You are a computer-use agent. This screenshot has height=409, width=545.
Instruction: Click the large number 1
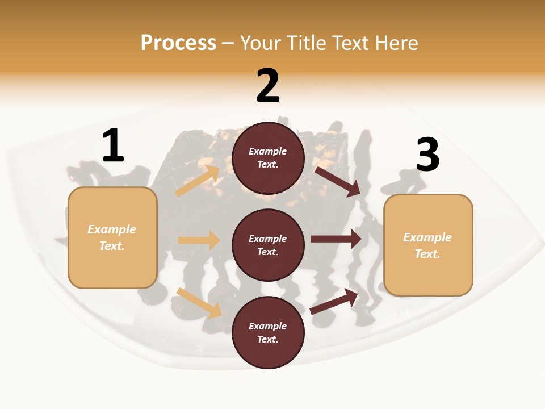[113, 146]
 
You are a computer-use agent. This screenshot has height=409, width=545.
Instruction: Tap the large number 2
[268, 86]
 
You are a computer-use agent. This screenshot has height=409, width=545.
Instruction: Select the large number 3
[427, 155]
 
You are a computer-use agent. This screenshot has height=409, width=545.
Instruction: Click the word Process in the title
[178, 43]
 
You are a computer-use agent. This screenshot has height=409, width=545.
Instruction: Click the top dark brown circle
[268, 158]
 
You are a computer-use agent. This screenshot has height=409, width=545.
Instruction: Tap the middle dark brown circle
[268, 245]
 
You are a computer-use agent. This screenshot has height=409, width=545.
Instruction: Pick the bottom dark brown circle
[268, 332]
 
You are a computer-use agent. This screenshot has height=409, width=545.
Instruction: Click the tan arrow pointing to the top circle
[198, 181]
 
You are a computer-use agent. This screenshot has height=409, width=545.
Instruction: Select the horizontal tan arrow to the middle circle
[199, 240]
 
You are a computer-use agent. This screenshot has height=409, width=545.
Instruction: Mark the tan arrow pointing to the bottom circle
[199, 303]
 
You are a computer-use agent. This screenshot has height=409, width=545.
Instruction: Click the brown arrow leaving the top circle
[338, 181]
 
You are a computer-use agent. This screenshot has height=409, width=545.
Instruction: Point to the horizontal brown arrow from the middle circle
[336, 239]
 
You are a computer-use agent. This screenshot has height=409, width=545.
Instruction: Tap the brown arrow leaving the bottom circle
[334, 302]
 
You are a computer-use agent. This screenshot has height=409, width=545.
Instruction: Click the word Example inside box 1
[112, 229]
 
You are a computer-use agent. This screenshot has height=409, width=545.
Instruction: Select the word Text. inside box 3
[427, 254]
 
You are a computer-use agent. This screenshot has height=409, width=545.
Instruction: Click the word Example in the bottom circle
[268, 326]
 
